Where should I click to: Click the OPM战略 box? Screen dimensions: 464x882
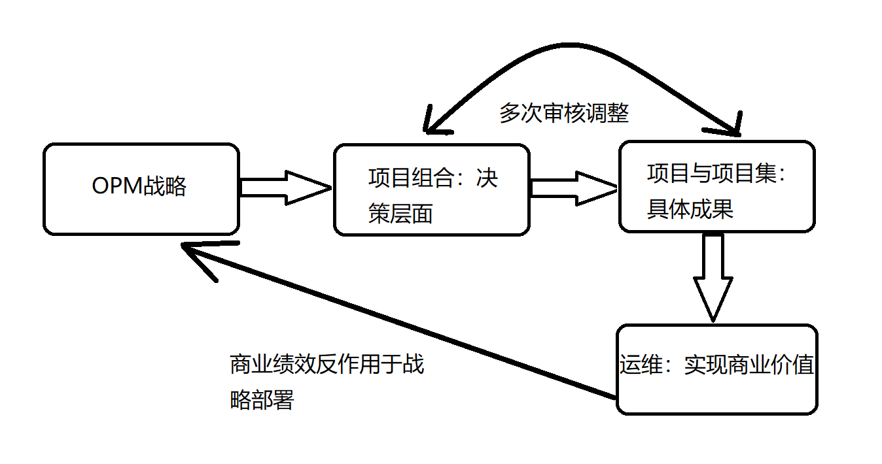141,189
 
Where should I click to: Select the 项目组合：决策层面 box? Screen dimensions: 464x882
431,190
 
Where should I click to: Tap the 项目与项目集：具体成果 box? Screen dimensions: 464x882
716,186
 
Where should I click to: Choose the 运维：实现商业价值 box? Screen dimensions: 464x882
717,369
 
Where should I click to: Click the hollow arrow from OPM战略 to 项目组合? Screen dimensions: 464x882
285,188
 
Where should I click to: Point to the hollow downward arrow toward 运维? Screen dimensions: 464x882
713,278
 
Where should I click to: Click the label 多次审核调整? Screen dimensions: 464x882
564,113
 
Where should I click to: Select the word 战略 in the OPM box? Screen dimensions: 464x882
164,187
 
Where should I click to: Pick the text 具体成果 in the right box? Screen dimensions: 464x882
690,208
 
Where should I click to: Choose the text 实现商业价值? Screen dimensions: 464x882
749,365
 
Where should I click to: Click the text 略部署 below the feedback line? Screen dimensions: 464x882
262,400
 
